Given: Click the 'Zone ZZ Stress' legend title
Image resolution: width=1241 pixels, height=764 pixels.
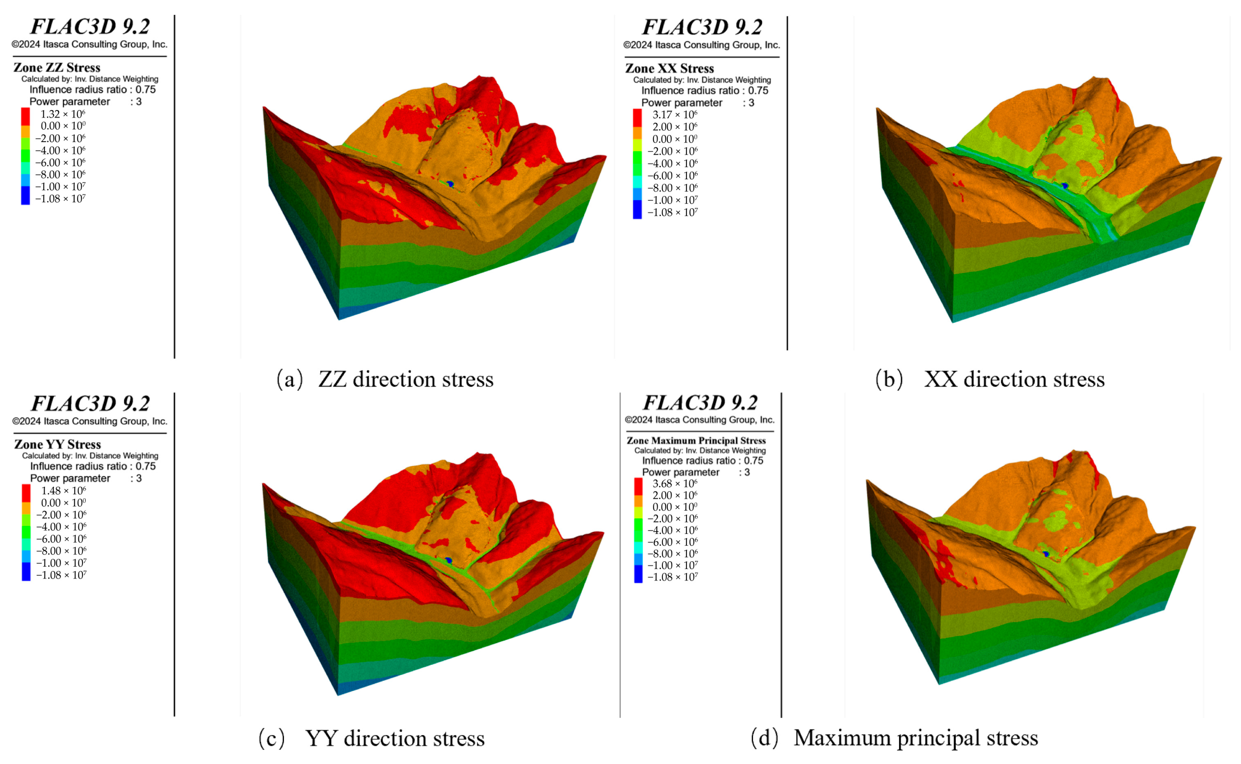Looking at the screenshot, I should [57, 68].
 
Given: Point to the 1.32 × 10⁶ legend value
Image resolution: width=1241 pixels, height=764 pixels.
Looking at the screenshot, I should [63, 114].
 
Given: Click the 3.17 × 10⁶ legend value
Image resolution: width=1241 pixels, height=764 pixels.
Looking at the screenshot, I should [675, 115].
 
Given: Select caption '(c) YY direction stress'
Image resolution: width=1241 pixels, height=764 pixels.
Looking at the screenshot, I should [371, 738].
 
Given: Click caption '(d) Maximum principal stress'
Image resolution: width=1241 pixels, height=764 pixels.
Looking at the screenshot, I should [894, 738].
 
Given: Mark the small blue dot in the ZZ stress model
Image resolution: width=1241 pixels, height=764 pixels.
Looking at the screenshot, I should [450, 184].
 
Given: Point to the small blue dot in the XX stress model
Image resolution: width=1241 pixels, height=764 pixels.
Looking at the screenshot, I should [1065, 186].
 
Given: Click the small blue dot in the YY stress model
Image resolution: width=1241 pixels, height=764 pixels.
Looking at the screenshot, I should [449, 560].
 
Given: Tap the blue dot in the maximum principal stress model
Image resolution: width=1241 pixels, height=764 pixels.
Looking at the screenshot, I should [1046, 554].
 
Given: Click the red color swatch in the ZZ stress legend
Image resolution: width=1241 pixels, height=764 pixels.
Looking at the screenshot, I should [25, 116].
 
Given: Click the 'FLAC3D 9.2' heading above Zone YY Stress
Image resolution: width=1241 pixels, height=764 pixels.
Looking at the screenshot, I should [90, 403].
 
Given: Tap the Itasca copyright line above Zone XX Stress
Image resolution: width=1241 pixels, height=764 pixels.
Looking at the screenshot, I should [701, 45].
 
